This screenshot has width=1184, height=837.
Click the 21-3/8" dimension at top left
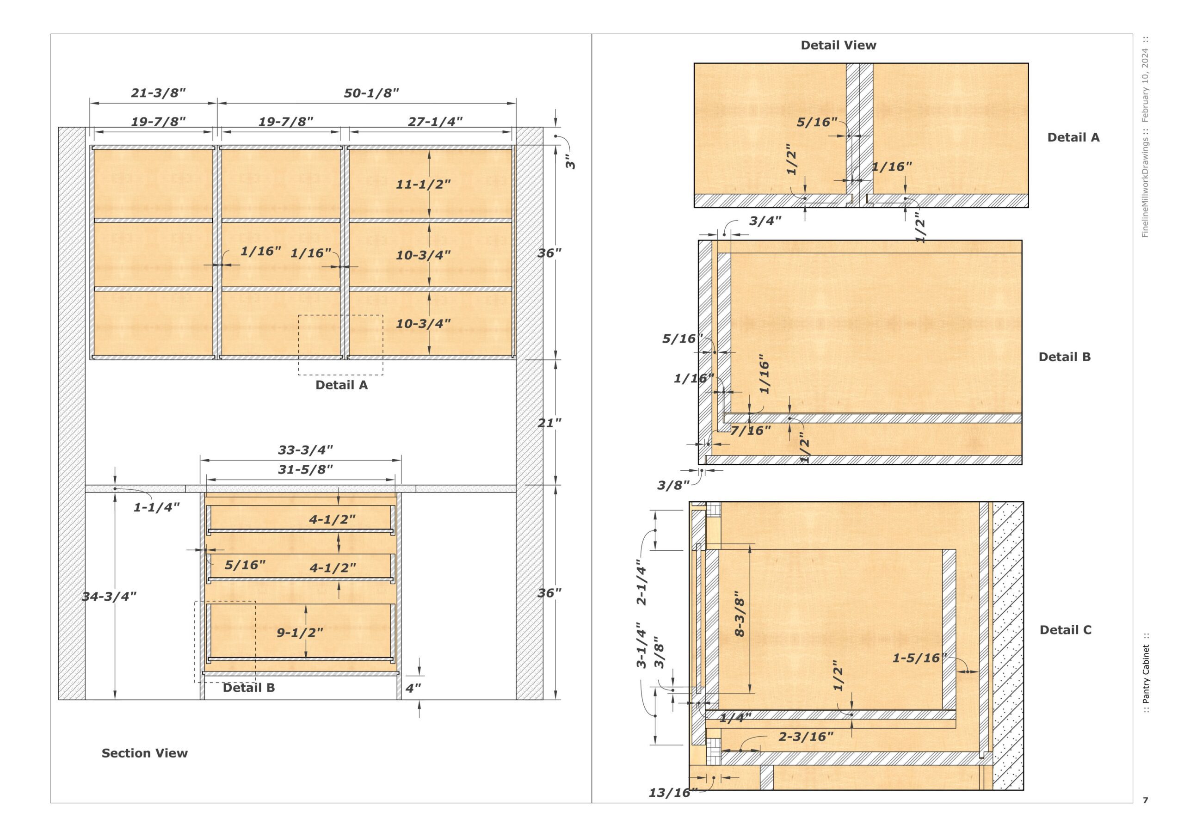(158, 93)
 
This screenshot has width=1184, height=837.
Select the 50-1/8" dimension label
(371, 93)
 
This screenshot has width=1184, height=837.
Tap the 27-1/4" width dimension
(435, 122)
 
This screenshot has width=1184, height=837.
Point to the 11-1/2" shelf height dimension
(423, 184)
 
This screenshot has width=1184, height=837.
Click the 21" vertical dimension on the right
(549, 423)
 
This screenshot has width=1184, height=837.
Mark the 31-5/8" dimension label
(305, 469)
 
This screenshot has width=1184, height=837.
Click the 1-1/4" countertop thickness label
(156, 507)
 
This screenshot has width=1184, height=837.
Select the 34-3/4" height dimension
(109, 597)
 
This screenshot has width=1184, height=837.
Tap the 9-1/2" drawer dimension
(300, 633)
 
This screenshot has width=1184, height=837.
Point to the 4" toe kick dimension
(413, 688)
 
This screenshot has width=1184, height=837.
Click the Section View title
(144, 753)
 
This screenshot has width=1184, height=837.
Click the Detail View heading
(838, 45)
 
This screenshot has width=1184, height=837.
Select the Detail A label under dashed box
(341, 385)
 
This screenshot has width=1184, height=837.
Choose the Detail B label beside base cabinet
(248, 688)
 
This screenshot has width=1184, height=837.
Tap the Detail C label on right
(1066, 630)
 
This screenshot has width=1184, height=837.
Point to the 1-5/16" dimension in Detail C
(919, 658)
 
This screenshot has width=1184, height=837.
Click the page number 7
(1145, 800)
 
